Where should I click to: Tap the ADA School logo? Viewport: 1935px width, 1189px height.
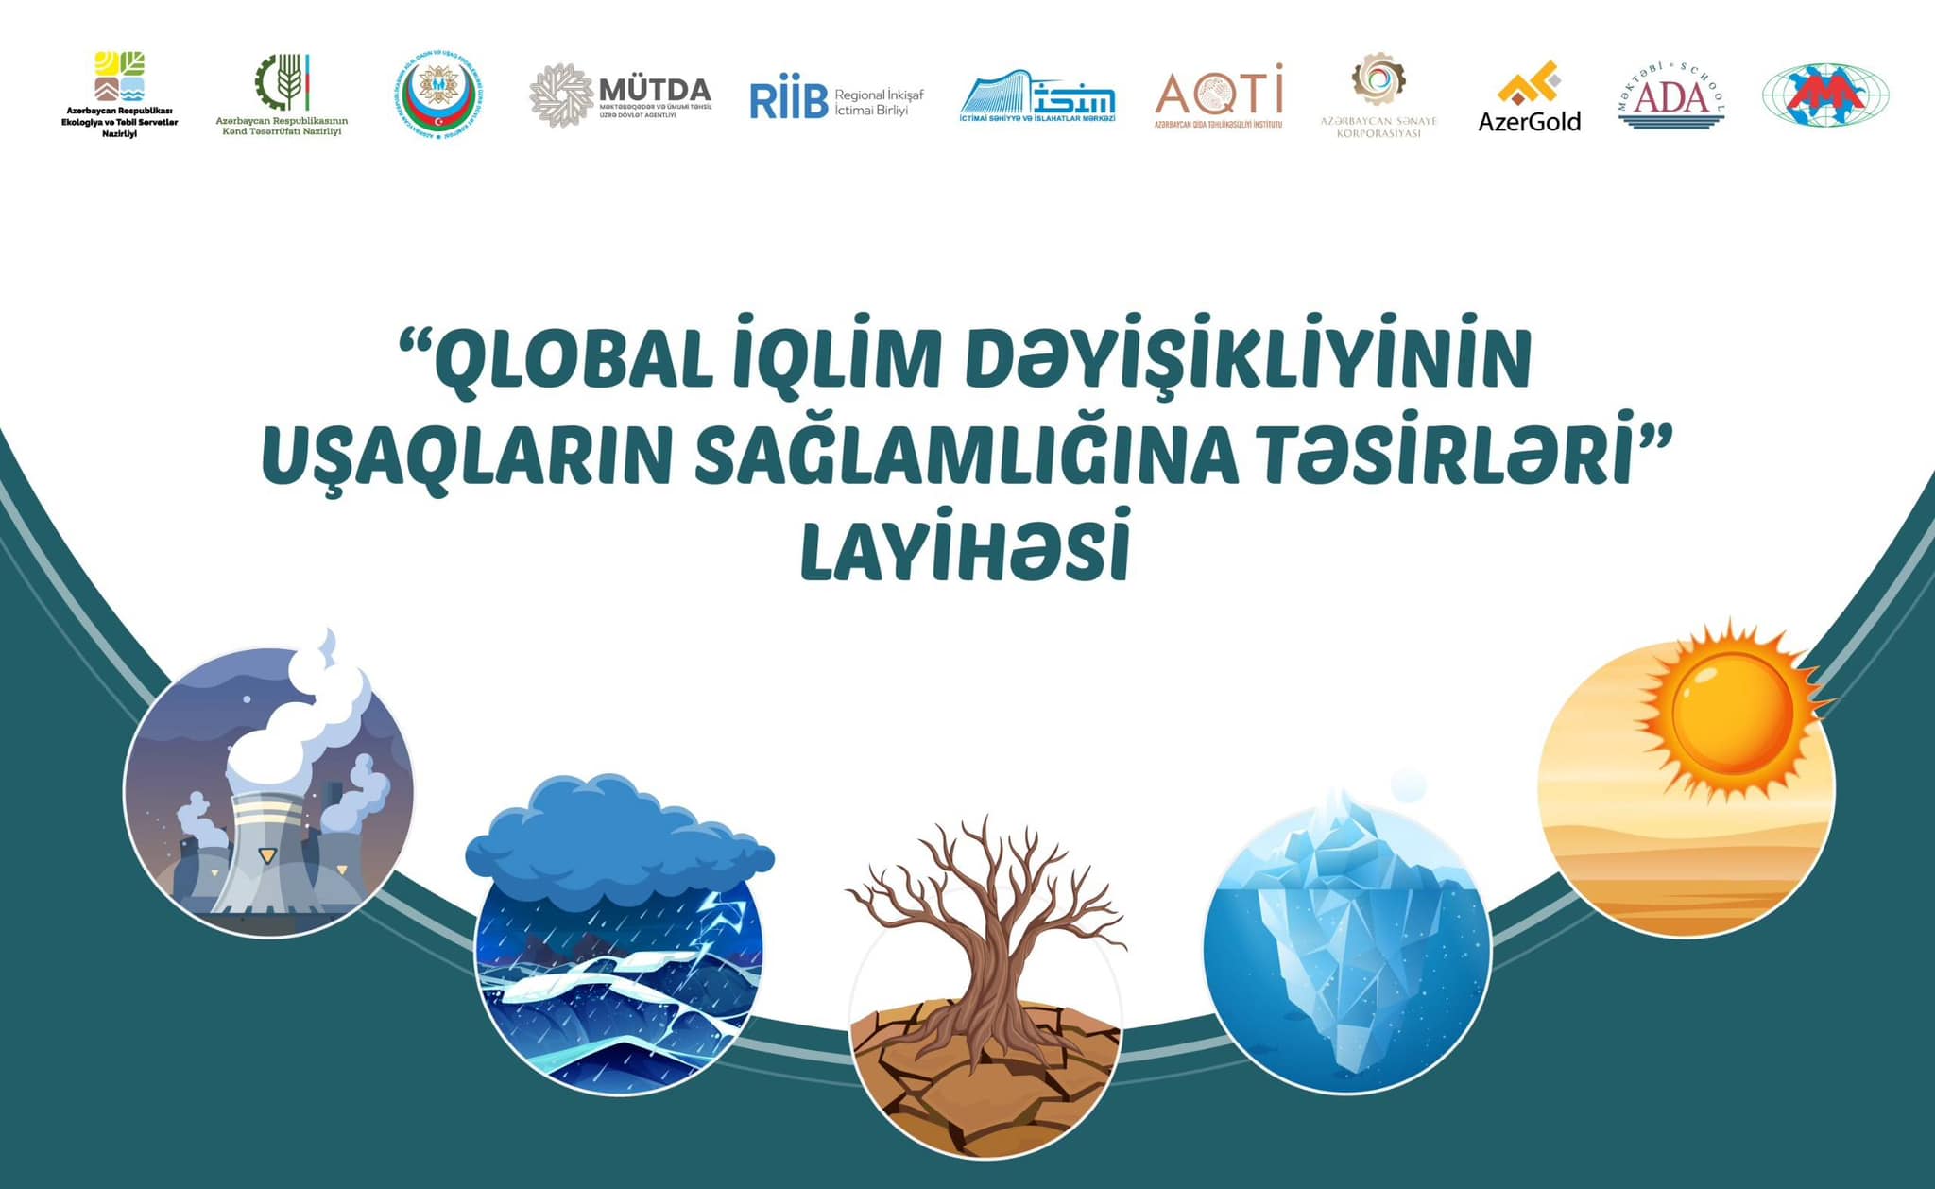1671,95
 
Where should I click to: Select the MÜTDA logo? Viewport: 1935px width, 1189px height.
621,95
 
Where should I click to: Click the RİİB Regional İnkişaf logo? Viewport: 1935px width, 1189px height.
836,100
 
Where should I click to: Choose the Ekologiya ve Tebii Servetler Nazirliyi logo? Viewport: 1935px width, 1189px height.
120,95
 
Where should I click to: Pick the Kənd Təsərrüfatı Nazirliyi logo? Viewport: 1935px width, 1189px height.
282,95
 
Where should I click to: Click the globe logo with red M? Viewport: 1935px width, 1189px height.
1825,95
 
